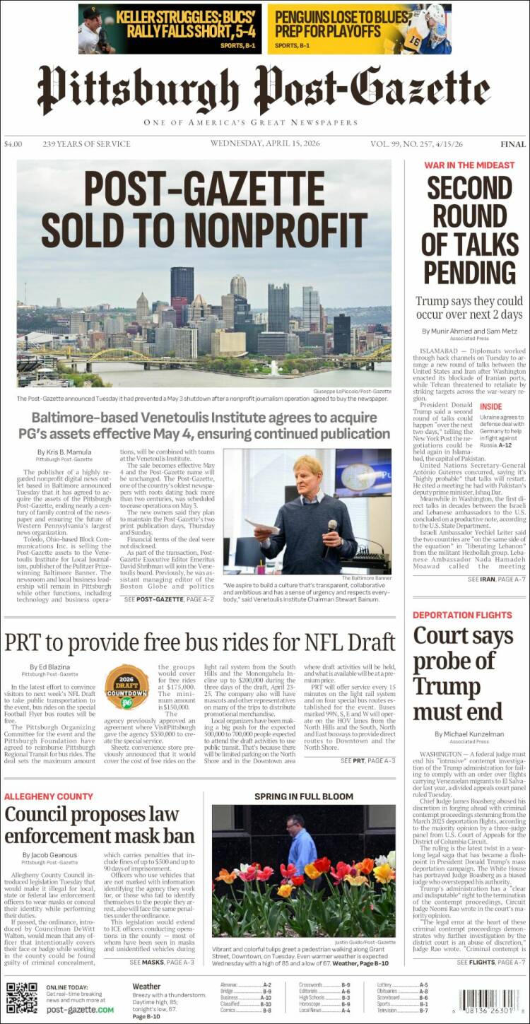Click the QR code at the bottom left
(x=21, y=997)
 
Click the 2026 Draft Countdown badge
(x=126, y=686)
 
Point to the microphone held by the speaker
(x=332, y=526)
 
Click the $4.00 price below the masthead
(x=13, y=144)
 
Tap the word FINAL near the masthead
(x=512, y=144)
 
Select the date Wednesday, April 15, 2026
(x=265, y=143)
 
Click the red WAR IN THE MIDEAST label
(x=469, y=165)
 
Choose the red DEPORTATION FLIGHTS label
(x=462, y=615)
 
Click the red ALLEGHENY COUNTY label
(x=49, y=796)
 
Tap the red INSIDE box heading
(x=492, y=407)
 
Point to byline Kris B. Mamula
(x=66, y=451)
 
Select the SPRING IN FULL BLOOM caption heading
(x=304, y=796)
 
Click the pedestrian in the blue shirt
(x=301, y=844)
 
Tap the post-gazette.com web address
(x=80, y=1010)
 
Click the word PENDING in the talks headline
(x=470, y=271)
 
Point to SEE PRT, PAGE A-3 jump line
(x=367, y=760)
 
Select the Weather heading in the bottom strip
(x=146, y=987)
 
